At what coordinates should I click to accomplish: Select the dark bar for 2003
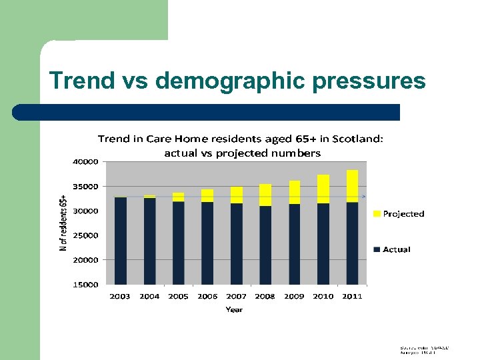tap(121, 241)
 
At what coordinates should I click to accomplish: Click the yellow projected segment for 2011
tap(352, 186)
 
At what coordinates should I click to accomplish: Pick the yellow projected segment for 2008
tap(265, 195)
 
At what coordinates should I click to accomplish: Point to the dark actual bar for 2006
tap(207, 243)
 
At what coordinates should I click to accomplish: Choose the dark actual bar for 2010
tap(323, 243)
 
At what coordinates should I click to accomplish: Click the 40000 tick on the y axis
tap(85, 161)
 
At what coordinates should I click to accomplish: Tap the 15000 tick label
tap(85, 285)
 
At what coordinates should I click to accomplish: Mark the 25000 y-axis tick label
tap(85, 235)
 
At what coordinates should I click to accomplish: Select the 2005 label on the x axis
tap(179, 297)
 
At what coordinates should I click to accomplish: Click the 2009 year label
tap(294, 297)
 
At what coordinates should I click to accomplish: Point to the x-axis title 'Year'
tap(234, 309)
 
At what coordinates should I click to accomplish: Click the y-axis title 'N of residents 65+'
tap(63, 223)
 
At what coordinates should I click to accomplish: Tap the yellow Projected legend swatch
tap(377, 214)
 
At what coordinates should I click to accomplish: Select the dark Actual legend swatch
tap(377, 249)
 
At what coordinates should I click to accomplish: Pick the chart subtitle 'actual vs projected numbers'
tap(242, 153)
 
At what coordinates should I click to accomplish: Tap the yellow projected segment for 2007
tap(237, 195)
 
